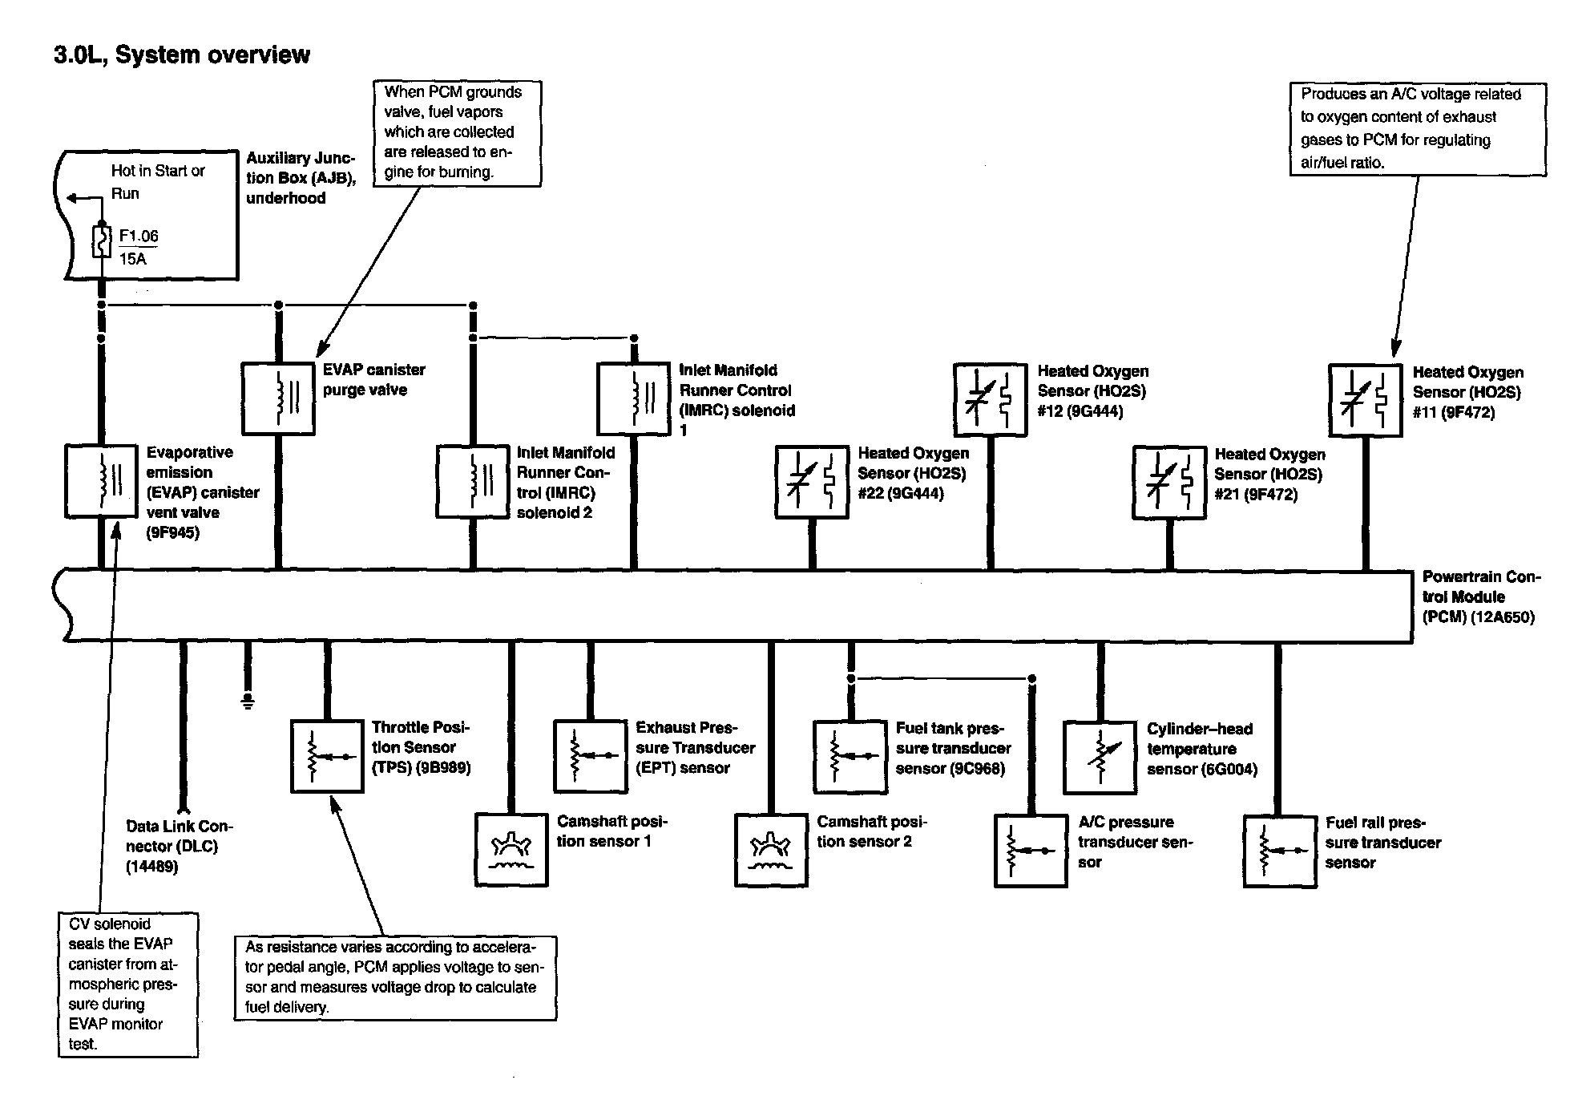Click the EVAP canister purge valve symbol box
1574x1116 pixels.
(x=278, y=398)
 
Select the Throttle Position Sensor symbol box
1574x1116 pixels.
(x=327, y=756)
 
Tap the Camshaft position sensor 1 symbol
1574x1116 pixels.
(x=511, y=850)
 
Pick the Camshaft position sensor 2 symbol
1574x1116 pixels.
(x=771, y=850)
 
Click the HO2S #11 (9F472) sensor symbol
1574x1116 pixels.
(x=1365, y=401)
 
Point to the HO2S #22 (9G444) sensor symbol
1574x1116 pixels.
(x=812, y=482)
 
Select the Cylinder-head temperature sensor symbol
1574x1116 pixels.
(x=1100, y=758)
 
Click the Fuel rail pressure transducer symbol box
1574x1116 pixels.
(x=1280, y=851)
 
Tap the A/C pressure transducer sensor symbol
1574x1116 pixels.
(x=1031, y=851)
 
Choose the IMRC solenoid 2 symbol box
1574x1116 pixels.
(x=473, y=482)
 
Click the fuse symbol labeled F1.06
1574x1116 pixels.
(x=101, y=241)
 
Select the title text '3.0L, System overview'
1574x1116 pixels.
(x=182, y=55)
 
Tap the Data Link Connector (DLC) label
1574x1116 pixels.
(x=179, y=846)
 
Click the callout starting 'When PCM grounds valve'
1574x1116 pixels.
(x=457, y=132)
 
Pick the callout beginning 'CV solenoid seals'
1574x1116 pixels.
(x=127, y=984)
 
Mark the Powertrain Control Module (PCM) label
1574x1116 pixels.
(x=1480, y=596)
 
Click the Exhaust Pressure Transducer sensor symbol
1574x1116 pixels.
(x=590, y=756)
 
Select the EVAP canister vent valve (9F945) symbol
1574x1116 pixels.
(x=101, y=481)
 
